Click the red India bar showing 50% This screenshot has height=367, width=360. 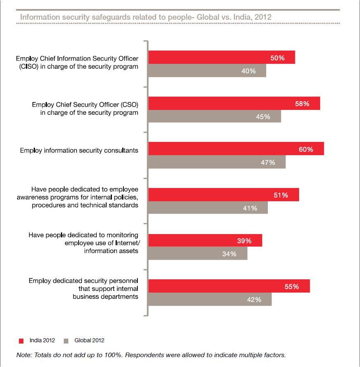click(x=221, y=58)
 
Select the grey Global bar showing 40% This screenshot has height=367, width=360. click(x=207, y=71)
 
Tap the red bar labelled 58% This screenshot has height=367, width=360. click(x=234, y=104)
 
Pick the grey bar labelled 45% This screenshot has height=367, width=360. click(x=214, y=116)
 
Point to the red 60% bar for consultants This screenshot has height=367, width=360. click(x=236, y=149)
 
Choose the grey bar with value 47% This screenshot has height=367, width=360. click(x=217, y=162)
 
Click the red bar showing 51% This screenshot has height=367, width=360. click(x=223, y=195)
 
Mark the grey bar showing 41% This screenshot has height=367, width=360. click(x=208, y=208)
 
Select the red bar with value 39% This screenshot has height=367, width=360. click(x=205, y=241)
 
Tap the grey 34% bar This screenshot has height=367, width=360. click(x=197, y=253)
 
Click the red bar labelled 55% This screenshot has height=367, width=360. click(x=229, y=286)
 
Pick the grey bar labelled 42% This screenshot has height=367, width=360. click(x=210, y=299)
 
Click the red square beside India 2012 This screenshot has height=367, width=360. click(x=21, y=341)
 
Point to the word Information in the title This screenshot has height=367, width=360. click(x=39, y=17)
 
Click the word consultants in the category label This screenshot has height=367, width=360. click(x=119, y=151)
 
